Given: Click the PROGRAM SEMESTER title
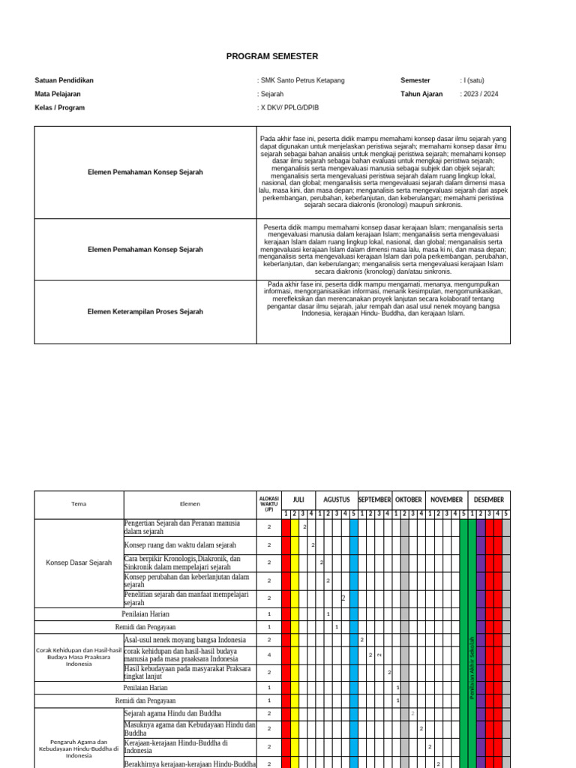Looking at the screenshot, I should [272, 56].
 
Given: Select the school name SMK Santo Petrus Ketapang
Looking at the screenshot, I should [302, 80].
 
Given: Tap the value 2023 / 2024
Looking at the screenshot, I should [481, 94].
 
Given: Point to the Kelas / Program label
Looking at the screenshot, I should [59, 107].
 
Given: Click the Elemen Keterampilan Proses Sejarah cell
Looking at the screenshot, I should [145, 311].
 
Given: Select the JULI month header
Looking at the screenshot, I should [298, 499].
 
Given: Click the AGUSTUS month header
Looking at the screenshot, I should [337, 499].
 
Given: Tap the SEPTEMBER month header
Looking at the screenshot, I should [375, 499].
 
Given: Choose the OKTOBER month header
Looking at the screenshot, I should [409, 499].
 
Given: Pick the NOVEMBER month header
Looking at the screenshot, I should [447, 499].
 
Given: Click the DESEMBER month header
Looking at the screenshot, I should [489, 499].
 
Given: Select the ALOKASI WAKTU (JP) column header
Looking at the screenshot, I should [268, 503].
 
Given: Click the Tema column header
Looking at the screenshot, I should [79, 504].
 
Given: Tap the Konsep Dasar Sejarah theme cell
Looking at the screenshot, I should [79, 562].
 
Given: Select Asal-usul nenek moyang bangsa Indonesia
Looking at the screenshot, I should [184, 640].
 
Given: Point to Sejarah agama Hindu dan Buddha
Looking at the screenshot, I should [178, 713].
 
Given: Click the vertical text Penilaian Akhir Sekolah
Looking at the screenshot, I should [472, 667].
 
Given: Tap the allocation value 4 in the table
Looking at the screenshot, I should [268, 655].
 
